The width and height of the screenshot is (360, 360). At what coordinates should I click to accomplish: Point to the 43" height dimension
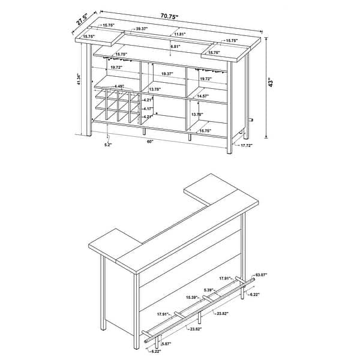coord(271,82)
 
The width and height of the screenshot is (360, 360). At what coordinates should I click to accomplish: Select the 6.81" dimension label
coord(175,47)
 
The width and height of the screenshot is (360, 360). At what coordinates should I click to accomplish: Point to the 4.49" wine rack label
coord(118,86)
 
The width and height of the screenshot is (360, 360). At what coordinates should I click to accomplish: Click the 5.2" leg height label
coord(91,145)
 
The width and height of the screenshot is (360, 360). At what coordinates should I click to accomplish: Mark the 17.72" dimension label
coord(246,146)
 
